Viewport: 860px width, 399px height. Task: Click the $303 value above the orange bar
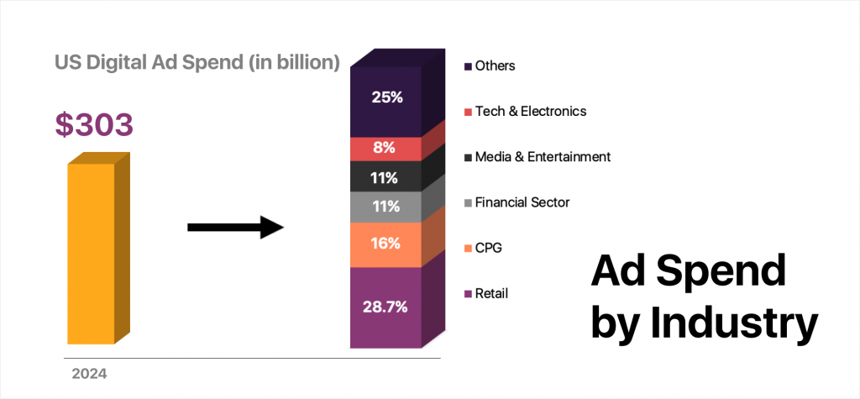coord(94,124)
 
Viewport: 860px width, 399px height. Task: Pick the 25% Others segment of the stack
coord(387,97)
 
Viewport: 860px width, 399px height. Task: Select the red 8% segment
coord(387,149)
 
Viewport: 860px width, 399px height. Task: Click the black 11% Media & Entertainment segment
coord(387,177)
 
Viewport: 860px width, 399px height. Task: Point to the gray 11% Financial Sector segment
coord(387,207)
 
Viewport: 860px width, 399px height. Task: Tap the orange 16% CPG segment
coord(387,244)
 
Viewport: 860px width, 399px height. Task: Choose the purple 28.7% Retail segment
coord(387,307)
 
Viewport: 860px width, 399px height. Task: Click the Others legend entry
coord(495,65)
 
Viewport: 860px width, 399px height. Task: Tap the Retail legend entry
coord(491,293)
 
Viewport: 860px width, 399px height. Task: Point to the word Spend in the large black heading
coord(728,273)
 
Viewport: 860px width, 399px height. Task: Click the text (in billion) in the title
coord(286,62)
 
